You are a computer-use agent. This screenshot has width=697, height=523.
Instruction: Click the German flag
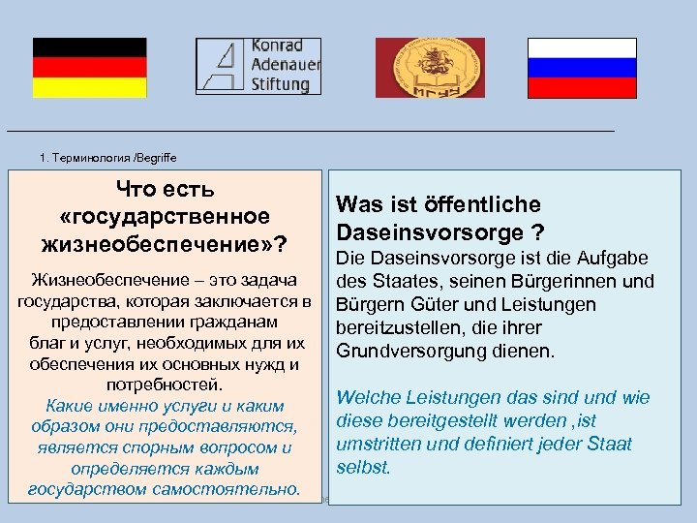(89, 68)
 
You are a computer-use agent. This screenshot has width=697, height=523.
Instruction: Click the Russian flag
(582, 68)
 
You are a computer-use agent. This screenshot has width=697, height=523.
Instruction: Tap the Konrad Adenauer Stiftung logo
(258, 66)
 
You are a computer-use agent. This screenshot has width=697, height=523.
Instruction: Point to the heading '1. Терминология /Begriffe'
(108, 157)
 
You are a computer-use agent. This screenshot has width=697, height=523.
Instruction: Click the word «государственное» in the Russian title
(165, 214)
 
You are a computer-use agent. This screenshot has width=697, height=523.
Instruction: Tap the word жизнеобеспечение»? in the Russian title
(165, 240)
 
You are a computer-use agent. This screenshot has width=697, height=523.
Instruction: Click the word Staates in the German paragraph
(397, 282)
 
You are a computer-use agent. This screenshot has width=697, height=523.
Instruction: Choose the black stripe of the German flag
(89, 47)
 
